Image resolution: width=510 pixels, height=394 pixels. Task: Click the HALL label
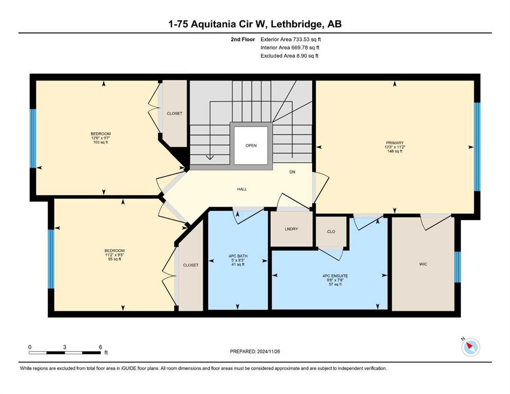[x=242, y=189]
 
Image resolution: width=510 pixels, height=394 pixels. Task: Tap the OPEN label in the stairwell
[x=251, y=146]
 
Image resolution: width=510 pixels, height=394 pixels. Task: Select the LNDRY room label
[x=291, y=229]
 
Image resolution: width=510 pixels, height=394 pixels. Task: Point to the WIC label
[x=423, y=264]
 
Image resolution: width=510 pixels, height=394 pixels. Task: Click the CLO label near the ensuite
[x=331, y=231]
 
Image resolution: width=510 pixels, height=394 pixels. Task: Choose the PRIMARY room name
[x=394, y=143]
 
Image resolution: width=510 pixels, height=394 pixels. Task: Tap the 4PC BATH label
[x=238, y=256]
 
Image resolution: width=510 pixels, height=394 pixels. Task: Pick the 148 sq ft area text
[x=394, y=151]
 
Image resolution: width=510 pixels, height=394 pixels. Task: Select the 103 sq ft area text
[x=101, y=142]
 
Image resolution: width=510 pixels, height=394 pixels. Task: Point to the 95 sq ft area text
[x=115, y=259]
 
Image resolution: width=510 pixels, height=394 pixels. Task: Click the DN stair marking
[x=292, y=172]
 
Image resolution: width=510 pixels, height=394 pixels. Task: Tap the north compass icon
[x=470, y=347]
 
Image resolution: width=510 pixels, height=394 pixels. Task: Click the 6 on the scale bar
[x=101, y=347]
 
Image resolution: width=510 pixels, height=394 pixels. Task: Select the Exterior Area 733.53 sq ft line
[x=291, y=40]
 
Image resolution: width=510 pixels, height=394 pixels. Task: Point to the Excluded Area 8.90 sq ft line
[x=289, y=55]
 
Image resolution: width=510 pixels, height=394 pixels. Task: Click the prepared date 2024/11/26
[x=268, y=351]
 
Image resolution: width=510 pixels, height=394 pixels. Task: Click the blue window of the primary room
[x=477, y=147]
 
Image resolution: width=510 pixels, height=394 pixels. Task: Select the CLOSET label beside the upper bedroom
[x=174, y=113]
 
